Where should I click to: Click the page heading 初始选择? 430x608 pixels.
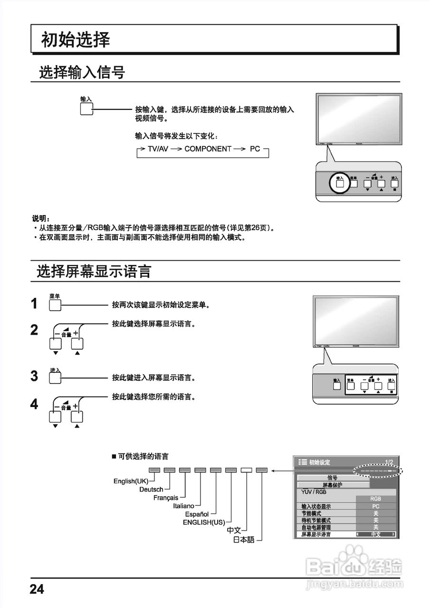pos(76,40)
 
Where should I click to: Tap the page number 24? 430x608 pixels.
pos(37,589)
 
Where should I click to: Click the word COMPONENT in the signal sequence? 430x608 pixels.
pos(208,149)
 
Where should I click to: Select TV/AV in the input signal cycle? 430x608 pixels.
pos(158,149)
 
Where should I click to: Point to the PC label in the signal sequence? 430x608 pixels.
pos(255,149)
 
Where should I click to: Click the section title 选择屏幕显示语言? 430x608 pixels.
pos(94,271)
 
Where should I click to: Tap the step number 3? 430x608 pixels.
pos(34,376)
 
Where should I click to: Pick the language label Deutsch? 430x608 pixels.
pos(151,489)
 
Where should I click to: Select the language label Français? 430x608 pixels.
pos(166,498)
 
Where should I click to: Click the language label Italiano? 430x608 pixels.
pos(183,506)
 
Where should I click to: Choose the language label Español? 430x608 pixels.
pos(197,514)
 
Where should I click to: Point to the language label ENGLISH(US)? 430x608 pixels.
pos(204,522)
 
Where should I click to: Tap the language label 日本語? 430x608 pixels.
pos(244,540)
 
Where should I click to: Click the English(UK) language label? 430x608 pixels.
pos(131,481)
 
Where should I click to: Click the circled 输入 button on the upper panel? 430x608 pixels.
pos(340,183)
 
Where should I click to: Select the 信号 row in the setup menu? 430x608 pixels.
pos(333,478)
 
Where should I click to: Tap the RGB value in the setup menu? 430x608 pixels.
pos(375,499)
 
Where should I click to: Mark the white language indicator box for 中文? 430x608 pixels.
pos(246,470)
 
